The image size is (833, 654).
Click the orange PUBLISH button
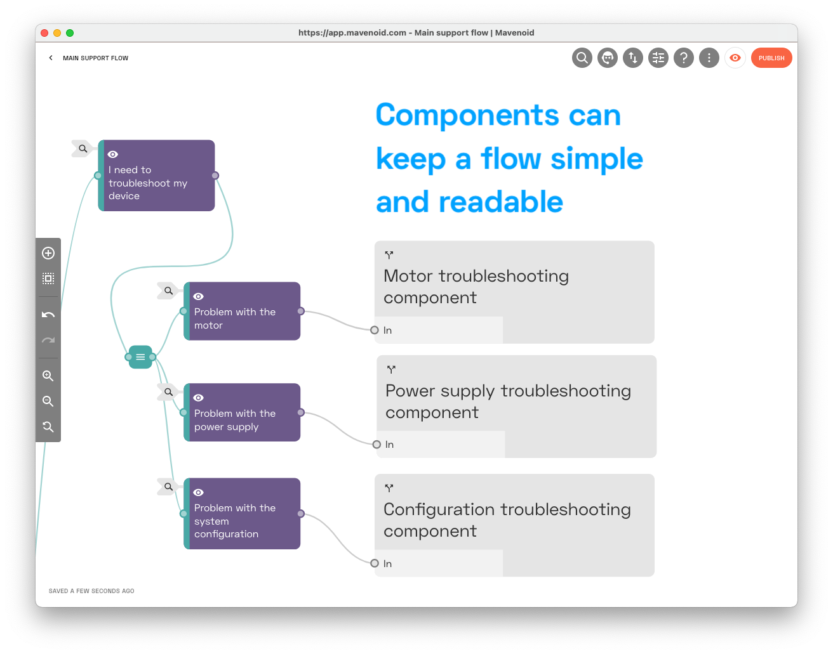pos(771,58)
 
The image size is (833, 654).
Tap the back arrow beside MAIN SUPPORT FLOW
pos(51,58)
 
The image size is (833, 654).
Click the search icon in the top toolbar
pos(582,58)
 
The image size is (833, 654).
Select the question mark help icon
pos(684,58)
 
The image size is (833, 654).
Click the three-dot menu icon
pos(709,58)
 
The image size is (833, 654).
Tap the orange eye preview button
pos(735,58)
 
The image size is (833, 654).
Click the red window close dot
pos(44,33)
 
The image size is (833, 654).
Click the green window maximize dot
pos(70,33)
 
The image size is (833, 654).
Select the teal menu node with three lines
pos(140,357)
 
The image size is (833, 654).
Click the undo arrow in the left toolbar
pos(48,315)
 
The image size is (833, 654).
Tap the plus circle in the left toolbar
pos(48,253)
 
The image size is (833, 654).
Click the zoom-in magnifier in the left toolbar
pos(48,376)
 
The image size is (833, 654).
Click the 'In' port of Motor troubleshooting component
pos(375,330)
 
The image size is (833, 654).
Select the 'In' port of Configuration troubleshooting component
pos(375,563)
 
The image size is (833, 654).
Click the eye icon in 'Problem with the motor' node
pos(198,296)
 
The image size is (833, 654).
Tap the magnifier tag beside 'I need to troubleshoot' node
pos(83,148)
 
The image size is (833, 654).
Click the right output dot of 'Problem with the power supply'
pos(301,412)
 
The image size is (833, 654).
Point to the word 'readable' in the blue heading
pos(501,202)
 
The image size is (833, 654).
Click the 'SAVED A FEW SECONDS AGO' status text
pos(91,591)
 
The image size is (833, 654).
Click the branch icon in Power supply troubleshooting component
pos(391,370)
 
